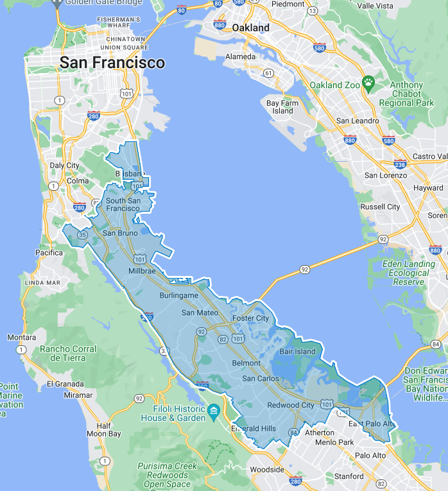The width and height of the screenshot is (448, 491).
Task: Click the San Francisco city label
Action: click(x=112, y=63)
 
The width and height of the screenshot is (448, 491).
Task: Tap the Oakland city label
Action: click(x=250, y=28)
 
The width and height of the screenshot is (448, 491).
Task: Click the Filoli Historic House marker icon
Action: click(x=213, y=409)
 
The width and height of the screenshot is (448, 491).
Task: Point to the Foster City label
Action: click(x=250, y=318)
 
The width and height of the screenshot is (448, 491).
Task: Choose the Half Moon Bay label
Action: click(x=103, y=429)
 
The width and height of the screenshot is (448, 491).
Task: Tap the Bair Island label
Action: click(x=298, y=351)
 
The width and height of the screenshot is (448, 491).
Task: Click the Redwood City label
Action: click(x=291, y=405)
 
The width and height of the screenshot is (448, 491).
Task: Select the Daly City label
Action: click(x=64, y=166)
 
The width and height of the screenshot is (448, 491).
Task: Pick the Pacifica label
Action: click(x=49, y=253)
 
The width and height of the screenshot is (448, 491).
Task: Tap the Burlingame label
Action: click(x=178, y=295)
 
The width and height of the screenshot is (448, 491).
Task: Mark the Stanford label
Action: click(x=349, y=476)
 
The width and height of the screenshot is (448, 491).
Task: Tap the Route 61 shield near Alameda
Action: click(x=268, y=73)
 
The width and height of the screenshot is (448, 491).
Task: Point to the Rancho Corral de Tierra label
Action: click(x=68, y=353)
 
